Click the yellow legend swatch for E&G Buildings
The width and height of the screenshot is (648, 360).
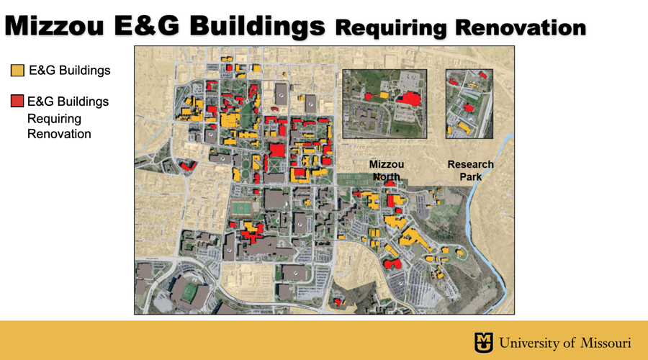pyautogui.click(x=17, y=71)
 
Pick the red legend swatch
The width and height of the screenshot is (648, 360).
pyautogui.click(x=17, y=101)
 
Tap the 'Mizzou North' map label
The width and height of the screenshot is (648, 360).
pyautogui.click(x=387, y=171)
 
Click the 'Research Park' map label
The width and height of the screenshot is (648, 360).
pyautogui.click(x=470, y=171)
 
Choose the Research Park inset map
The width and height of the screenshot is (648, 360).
pyautogui.click(x=469, y=103)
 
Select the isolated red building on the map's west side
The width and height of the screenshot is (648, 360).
pyautogui.click(x=188, y=167)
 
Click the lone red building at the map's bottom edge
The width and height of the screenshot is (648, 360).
pyautogui.click(x=338, y=302)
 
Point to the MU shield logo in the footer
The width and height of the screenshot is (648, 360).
pyautogui.click(x=483, y=342)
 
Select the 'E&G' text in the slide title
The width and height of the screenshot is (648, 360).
pyautogui.click(x=148, y=26)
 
